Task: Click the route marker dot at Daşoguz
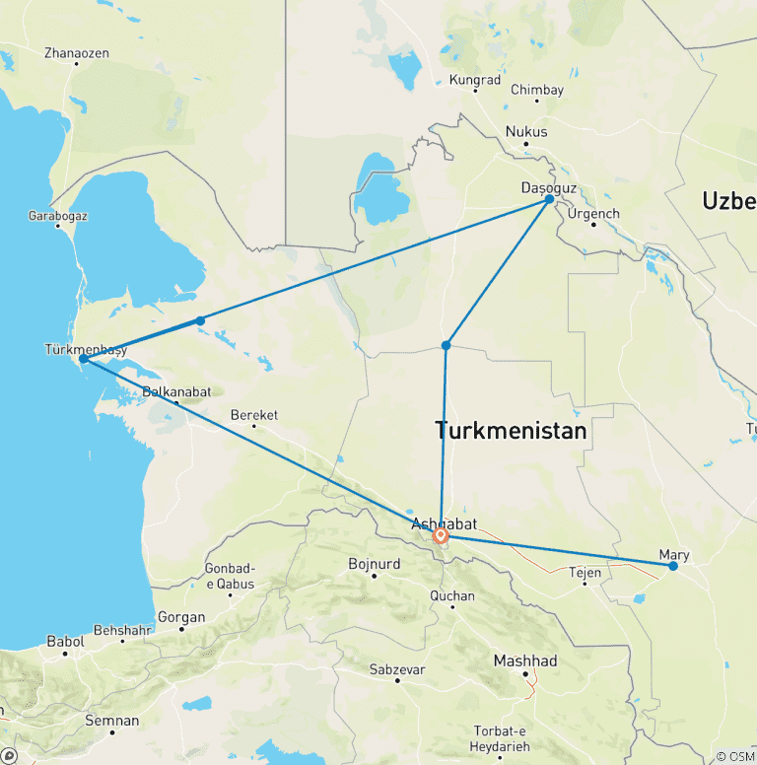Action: (549, 199)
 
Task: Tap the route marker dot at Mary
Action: (673, 566)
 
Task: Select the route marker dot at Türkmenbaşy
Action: (84, 359)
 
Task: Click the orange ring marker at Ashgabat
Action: (441, 536)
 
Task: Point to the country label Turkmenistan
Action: (511, 431)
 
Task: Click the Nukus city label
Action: (525, 131)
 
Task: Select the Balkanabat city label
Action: (176, 391)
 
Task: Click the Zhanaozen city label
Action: (77, 52)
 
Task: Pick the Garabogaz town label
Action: (57, 214)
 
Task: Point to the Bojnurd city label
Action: (375, 564)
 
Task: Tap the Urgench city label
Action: (593, 213)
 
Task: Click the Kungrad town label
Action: (475, 80)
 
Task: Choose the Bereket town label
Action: (253, 415)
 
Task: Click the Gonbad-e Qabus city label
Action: (230, 576)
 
